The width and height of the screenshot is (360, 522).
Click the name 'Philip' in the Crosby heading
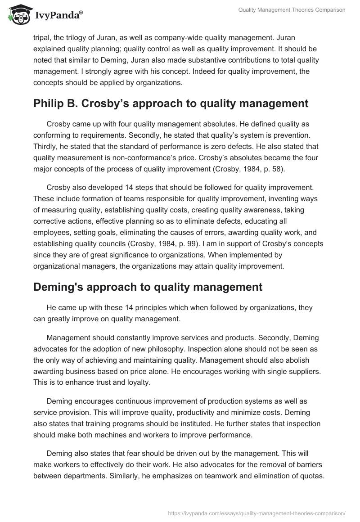(x=47, y=103)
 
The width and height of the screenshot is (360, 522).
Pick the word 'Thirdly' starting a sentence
(x=46, y=145)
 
